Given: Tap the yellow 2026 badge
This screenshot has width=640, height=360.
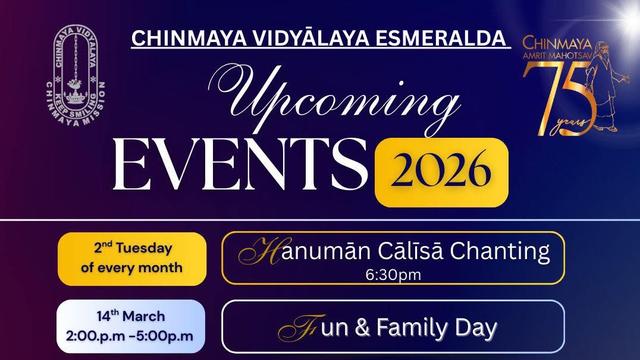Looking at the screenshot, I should coord(441,171).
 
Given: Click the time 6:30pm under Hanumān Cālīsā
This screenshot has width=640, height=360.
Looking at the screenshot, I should coord(392,274).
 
